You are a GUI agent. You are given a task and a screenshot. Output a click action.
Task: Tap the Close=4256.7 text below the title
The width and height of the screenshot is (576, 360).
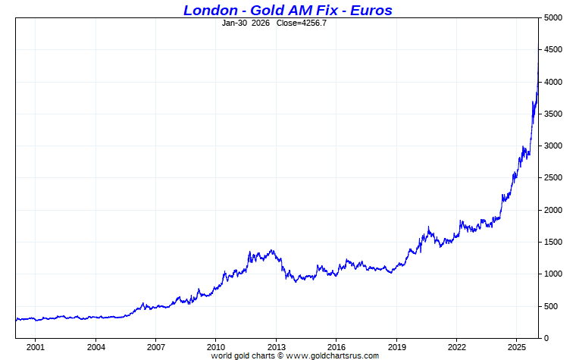point(302,23)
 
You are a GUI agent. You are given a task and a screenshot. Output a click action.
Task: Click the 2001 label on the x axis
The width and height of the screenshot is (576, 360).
point(35,347)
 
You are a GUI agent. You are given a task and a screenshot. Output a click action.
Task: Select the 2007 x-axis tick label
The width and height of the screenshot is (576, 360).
point(155,347)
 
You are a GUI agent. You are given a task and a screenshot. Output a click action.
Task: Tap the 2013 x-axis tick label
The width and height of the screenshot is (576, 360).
point(276,347)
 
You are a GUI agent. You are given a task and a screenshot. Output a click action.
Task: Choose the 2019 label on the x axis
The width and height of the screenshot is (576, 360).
point(396,347)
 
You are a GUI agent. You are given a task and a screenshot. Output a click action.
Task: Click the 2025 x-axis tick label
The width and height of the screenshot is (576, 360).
point(517,347)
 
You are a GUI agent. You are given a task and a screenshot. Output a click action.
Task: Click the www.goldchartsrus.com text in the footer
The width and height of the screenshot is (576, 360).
point(332,355)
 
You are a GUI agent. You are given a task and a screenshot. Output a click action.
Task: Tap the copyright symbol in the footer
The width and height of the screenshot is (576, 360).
point(280,355)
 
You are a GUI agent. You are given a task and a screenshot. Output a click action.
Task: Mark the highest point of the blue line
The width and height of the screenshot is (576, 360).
point(538,47)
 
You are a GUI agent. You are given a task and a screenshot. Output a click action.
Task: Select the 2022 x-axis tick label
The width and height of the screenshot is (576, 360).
point(457,347)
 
